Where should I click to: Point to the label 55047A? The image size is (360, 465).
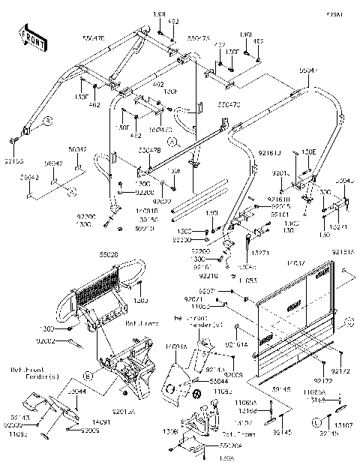pyautogui.click(x=199, y=36)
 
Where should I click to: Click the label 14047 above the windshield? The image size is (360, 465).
pyautogui.click(x=295, y=264)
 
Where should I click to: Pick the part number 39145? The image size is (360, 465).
pyautogui.click(x=280, y=390)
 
